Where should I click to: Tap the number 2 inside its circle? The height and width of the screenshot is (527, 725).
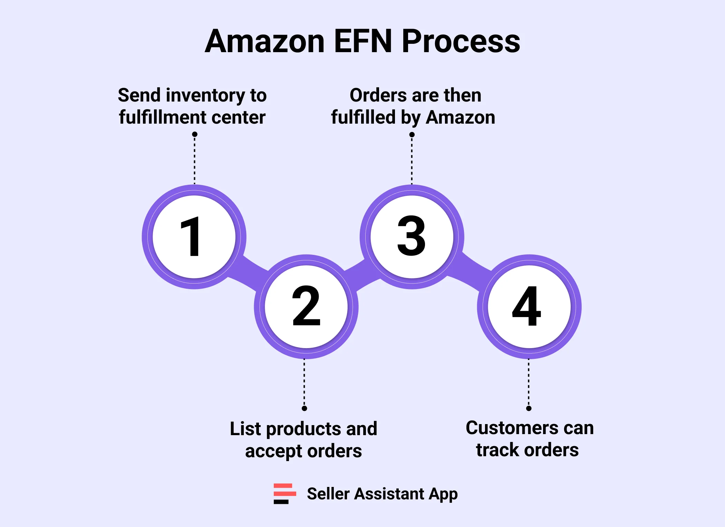(306, 306)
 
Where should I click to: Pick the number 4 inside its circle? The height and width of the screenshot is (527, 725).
(526, 306)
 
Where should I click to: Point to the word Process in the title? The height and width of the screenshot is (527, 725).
(461, 41)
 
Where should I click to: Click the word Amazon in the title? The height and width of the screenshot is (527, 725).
(265, 41)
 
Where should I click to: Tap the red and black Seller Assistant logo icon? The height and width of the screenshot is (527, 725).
(284, 494)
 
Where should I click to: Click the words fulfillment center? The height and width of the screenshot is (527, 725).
(192, 117)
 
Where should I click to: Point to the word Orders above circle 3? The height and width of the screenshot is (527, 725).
(374, 95)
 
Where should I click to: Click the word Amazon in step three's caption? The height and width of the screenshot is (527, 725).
(461, 117)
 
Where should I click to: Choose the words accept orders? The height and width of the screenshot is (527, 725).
(303, 451)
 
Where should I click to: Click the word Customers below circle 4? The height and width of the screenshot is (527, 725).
(512, 428)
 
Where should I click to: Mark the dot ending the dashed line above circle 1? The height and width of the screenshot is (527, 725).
(195, 134)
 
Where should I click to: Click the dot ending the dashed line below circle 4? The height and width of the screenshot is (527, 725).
(529, 408)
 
